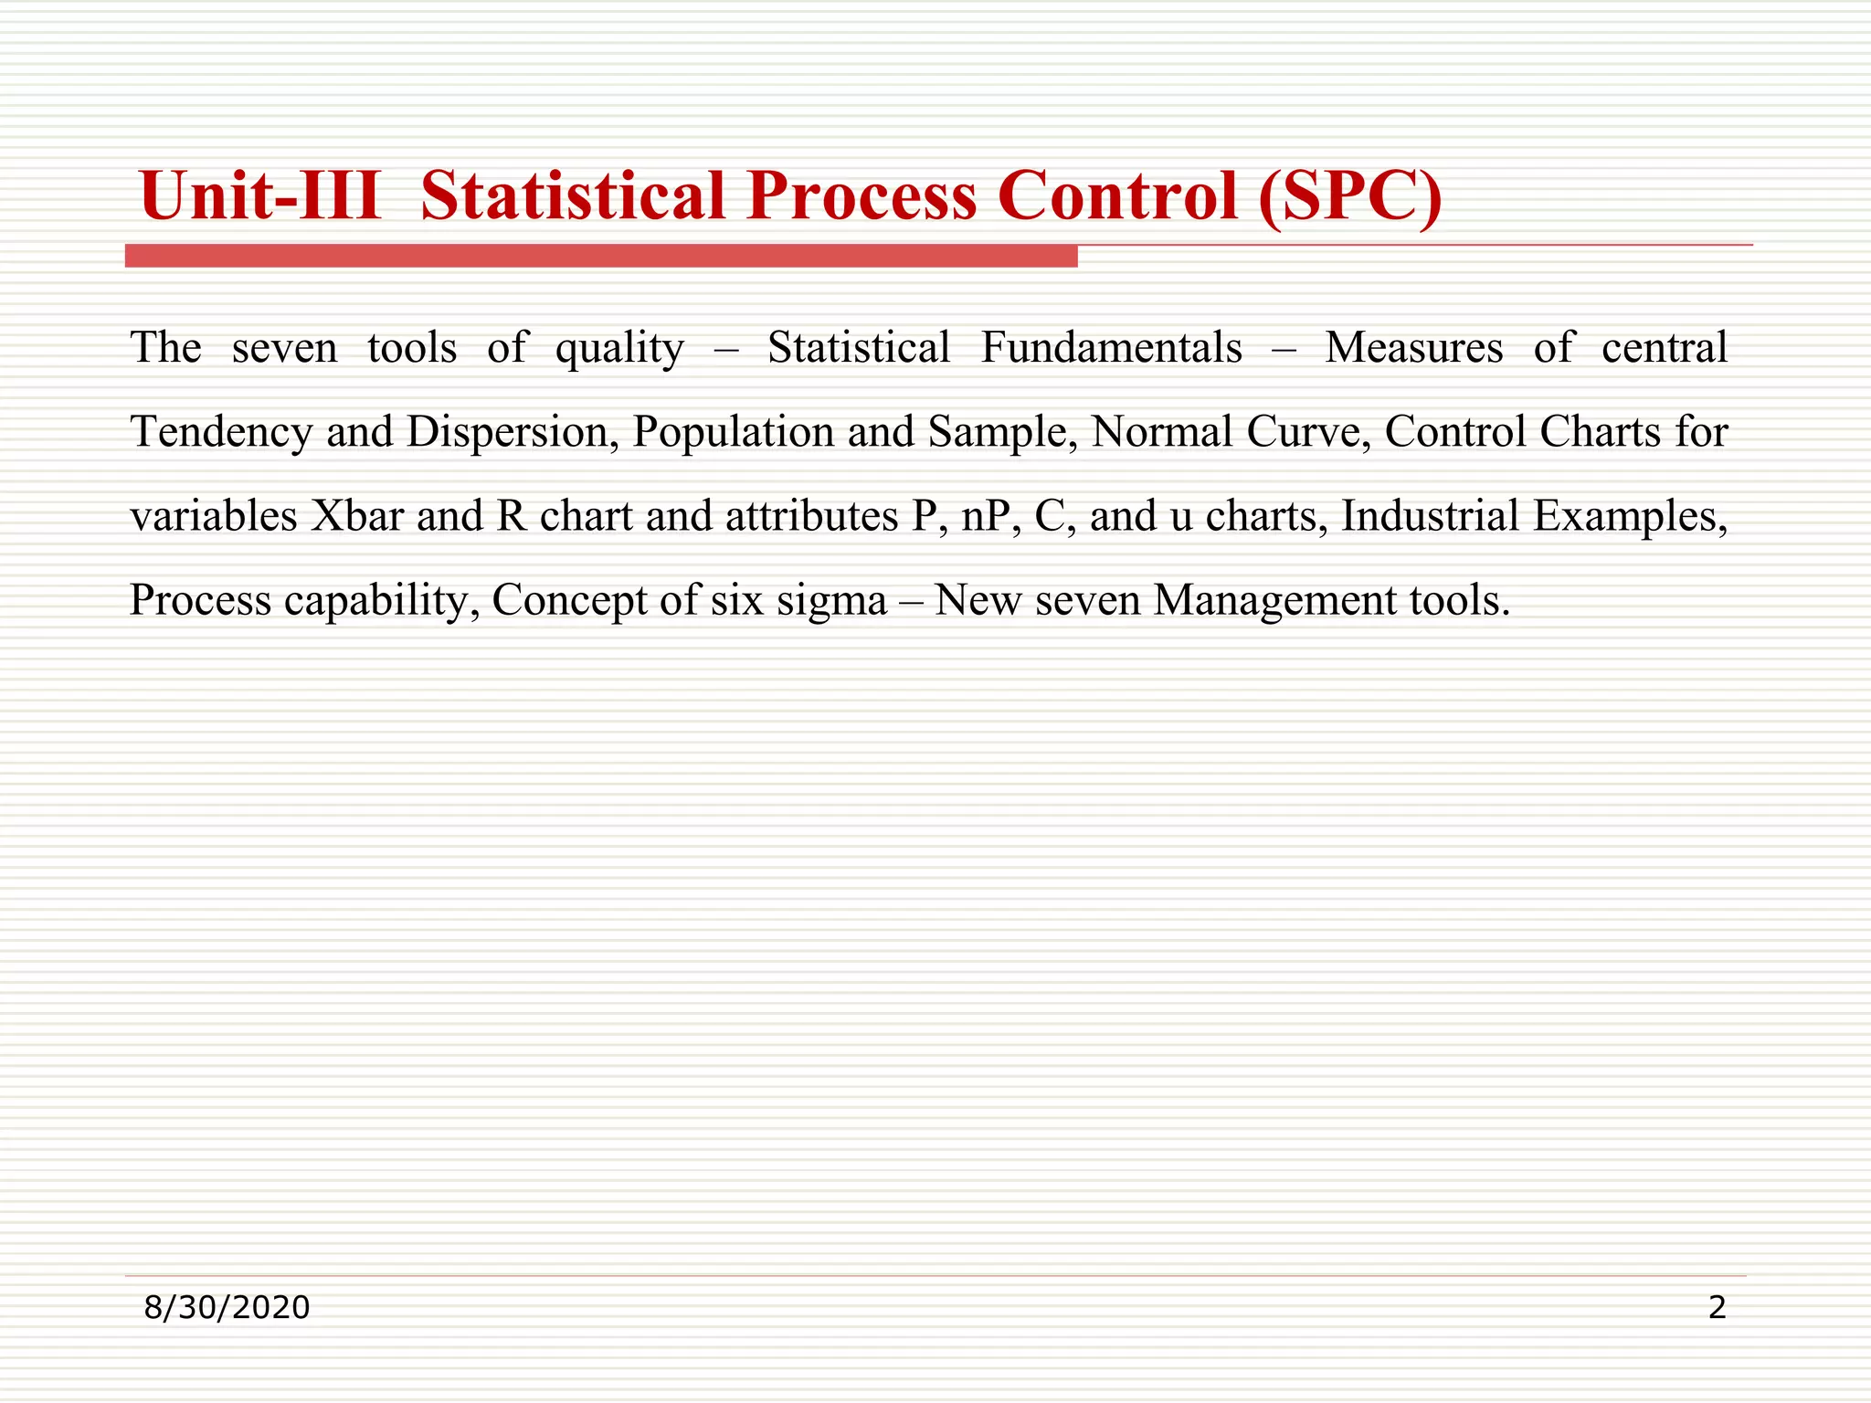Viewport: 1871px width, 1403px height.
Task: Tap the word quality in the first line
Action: (x=619, y=349)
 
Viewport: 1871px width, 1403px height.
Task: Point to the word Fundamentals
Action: (x=1111, y=347)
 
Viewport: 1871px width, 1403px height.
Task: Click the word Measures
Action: (x=1413, y=347)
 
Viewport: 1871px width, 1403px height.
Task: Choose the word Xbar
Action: (x=357, y=516)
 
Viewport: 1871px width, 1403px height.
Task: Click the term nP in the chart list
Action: (x=990, y=516)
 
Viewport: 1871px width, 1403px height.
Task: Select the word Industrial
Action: (x=1430, y=516)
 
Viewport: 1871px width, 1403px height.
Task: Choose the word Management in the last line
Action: (x=1274, y=601)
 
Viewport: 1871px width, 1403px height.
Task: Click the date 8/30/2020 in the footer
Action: (x=227, y=1308)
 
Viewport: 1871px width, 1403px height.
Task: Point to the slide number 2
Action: (x=1717, y=1308)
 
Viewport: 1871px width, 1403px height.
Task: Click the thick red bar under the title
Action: (x=601, y=257)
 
